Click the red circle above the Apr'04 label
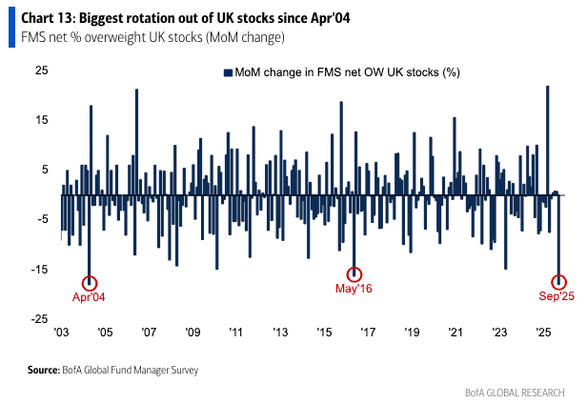[x=91, y=283]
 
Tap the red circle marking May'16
[x=354, y=274]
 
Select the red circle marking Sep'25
[x=559, y=281]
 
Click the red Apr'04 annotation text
[x=90, y=296]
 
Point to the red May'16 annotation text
[x=354, y=288]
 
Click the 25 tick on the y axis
[x=42, y=71]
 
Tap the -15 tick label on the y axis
[x=39, y=270]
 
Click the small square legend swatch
[x=228, y=72]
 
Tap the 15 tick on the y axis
[x=42, y=121]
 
